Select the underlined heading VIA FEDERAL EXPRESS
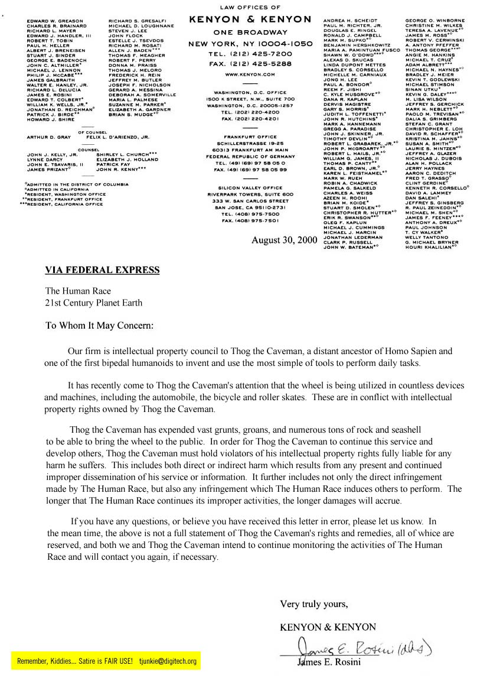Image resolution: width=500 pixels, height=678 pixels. [102, 271]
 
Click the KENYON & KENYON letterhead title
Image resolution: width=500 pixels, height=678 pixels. [250, 20]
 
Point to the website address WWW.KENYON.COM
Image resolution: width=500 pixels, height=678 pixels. [250, 75]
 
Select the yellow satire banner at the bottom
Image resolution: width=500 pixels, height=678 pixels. [106, 661]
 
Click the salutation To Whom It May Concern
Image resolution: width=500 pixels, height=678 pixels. [99, 325]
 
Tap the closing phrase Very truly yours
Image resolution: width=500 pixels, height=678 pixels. [313, 604]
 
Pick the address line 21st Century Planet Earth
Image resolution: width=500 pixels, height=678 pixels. [94, 303]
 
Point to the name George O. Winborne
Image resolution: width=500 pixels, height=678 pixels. [435, 21]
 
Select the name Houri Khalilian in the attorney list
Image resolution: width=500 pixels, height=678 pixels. [430, 246]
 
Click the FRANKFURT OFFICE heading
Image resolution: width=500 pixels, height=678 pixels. [250, 137]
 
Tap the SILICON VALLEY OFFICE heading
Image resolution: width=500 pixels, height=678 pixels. [250, 187]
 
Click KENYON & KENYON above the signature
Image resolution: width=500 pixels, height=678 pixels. [328, 627]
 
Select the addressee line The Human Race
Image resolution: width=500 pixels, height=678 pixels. [78, 291]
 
